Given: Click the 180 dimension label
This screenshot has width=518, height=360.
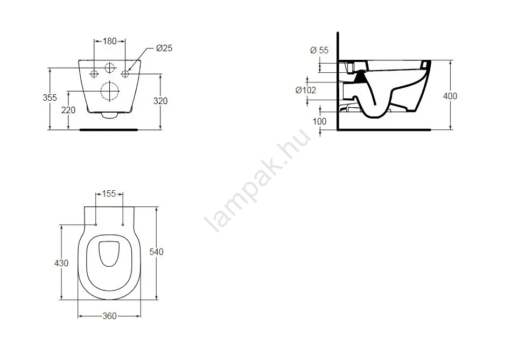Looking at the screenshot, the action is point(110,41).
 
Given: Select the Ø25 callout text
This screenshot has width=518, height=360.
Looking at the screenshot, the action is point(164,49).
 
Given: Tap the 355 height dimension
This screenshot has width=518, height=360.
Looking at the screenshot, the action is point(50,98).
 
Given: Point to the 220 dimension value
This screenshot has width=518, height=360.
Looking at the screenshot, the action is point(68,110).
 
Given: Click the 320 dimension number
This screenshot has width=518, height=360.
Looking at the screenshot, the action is point(160,101).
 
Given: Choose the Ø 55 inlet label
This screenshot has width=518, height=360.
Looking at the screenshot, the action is point(319,50).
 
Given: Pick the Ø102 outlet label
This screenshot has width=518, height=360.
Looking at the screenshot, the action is point(306,90).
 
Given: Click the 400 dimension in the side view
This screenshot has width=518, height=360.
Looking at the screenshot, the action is point(450,96).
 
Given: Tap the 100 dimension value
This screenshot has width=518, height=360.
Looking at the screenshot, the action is point(319,121).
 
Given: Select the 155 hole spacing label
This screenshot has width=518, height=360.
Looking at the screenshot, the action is point(109,193).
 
